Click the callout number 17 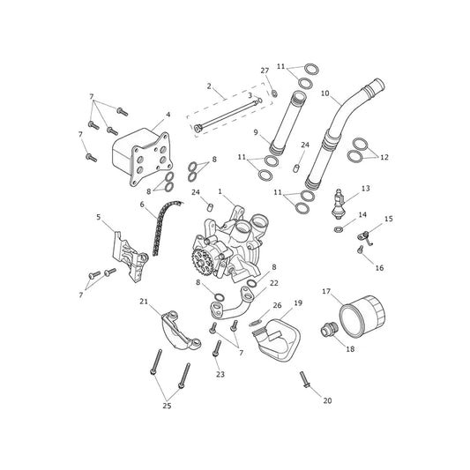point(326,291)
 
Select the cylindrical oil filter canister point(362,317)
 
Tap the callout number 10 point(325,93)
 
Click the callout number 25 point(167,406)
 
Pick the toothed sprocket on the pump point(199,261)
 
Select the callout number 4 point(168,115)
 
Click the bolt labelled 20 point(304,379)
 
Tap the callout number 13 point(366,188)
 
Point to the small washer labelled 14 point(338,229)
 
